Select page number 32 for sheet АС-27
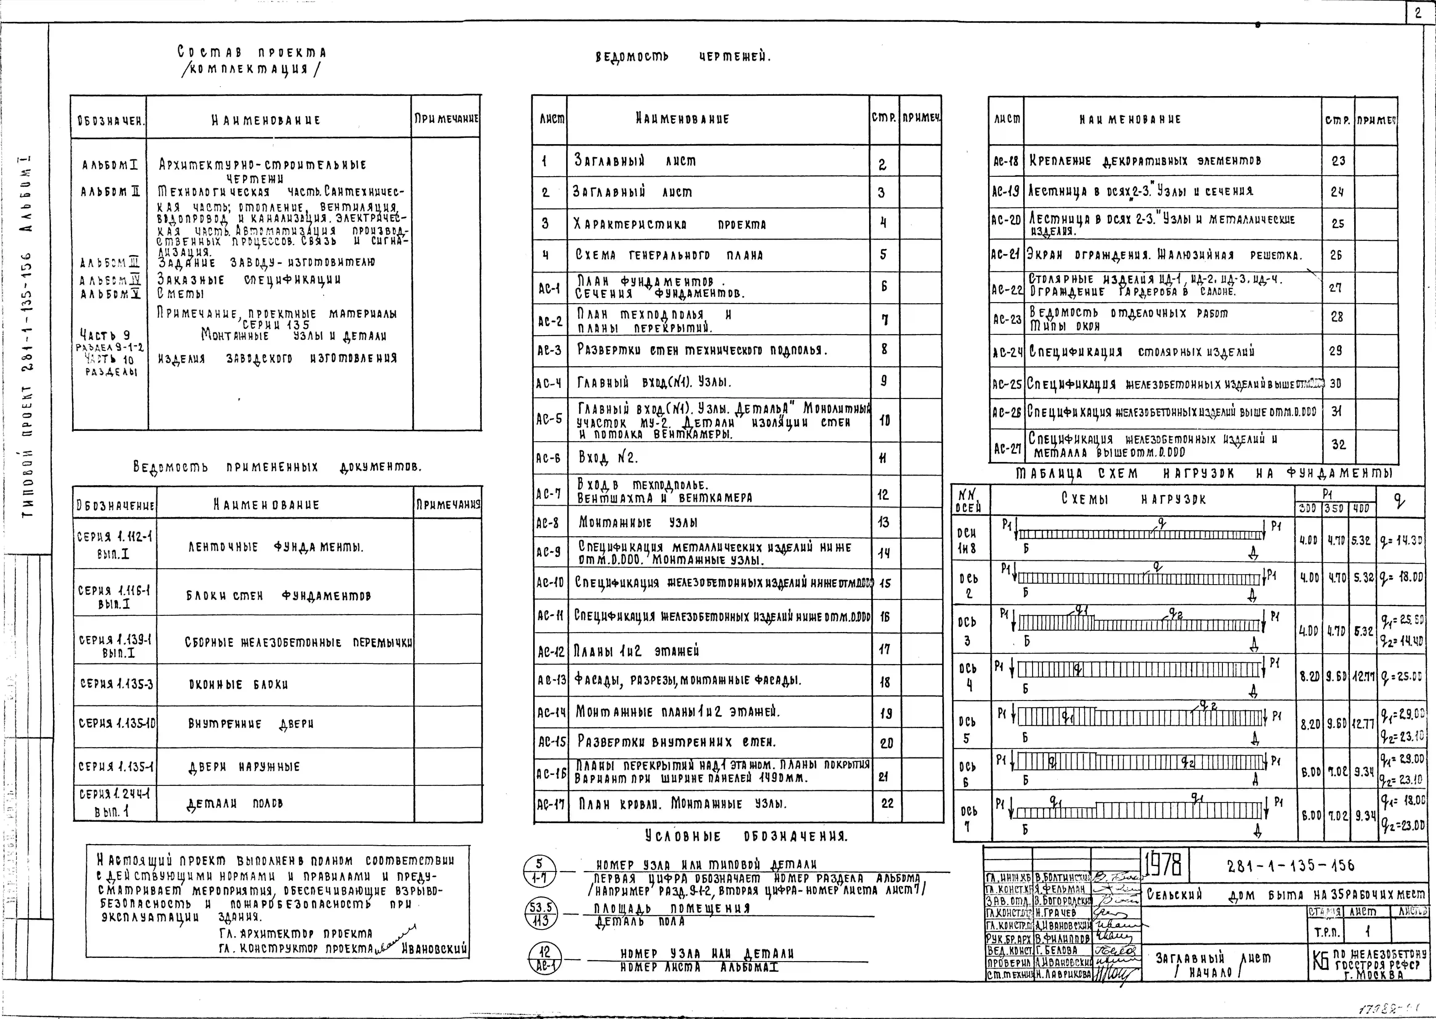[1338, 445]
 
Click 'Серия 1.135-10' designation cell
[117, 723]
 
